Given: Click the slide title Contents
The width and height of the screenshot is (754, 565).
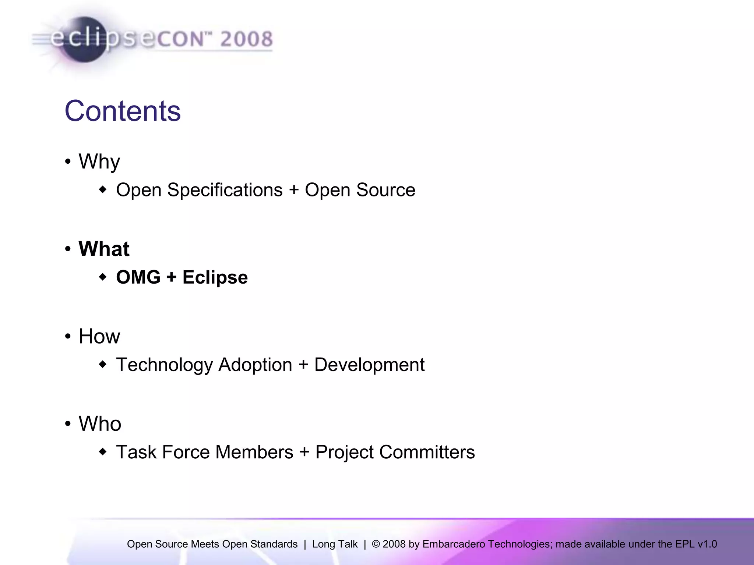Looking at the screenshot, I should coord(123,111).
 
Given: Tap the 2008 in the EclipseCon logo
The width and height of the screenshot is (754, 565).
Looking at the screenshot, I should coord(246,39).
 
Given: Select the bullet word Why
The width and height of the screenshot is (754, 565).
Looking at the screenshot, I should coord(99,162).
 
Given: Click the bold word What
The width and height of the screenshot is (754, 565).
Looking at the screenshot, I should coord(104,249).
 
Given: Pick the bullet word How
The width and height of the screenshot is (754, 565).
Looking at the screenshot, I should coord(99,336).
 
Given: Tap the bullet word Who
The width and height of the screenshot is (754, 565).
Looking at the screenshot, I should coord(100,424).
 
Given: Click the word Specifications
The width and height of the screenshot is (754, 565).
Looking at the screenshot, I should coord(225,190).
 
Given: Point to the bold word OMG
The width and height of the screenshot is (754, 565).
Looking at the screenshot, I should coord(138,277).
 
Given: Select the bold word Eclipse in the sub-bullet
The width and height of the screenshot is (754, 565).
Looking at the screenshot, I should coord(215,278).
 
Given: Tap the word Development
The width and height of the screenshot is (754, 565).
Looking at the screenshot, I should coord(369,365).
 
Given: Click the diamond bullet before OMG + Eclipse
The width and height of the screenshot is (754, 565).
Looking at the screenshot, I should coord(103,277).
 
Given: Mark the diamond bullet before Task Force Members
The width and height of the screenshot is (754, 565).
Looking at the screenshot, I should coord(103,452).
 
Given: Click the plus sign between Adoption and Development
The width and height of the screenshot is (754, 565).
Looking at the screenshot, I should coord(303,365).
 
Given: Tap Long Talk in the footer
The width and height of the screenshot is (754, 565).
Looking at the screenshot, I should coord(335,544).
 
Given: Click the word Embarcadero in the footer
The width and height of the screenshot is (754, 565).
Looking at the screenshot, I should coord(454,544).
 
